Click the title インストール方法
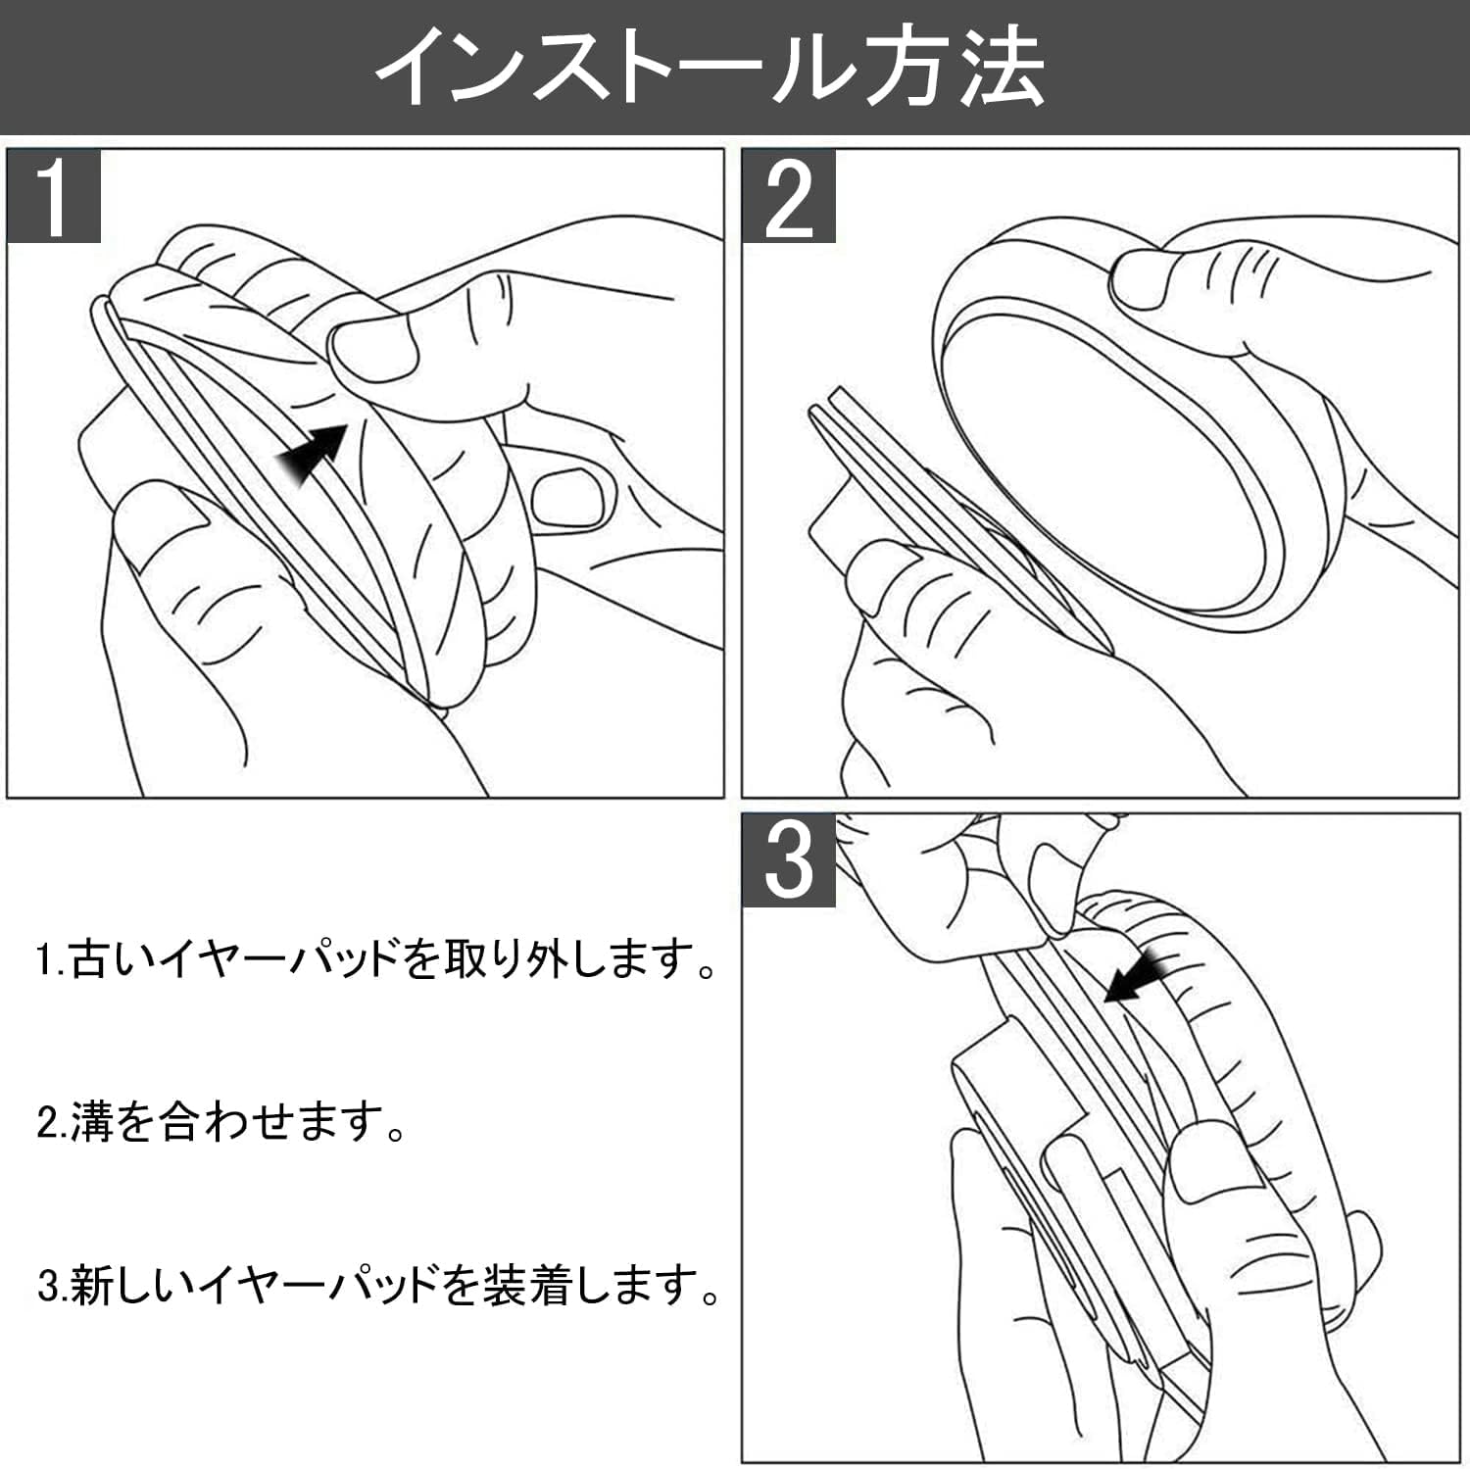click(710, 67)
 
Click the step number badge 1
click(54, 197)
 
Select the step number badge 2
click(788, 197)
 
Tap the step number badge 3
click(788, 860)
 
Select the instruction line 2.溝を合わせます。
click(221, 1121)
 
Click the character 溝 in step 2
click(93, 1121)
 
